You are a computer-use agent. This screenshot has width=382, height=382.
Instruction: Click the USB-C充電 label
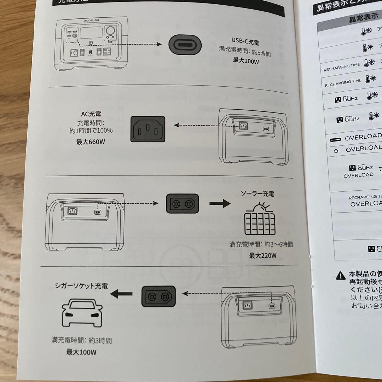tap(245, 42)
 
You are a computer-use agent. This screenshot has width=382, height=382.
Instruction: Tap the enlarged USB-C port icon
tap(185, 45)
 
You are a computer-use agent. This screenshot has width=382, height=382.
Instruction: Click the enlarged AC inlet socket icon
tap(148, 129)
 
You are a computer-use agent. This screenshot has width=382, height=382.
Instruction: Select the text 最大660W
tap(91, 142)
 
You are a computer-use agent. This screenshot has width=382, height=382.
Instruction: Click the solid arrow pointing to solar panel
tap(220, 204)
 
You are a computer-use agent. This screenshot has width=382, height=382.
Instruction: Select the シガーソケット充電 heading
tap(81, 286)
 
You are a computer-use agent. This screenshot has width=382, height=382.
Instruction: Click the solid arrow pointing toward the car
tap(121, 294)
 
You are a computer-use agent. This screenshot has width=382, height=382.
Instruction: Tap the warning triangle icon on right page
tap(340, 275)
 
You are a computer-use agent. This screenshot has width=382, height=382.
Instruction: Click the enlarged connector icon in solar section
tap(183, 204)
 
